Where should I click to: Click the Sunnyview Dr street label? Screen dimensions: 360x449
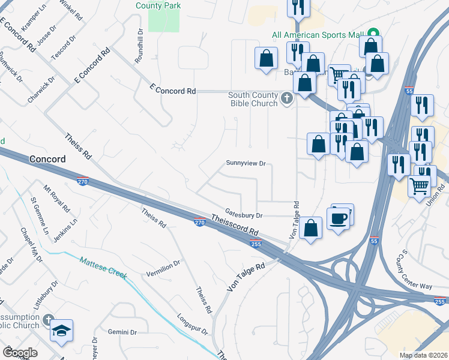pos(246,163)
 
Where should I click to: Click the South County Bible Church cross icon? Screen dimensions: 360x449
pos(287,98)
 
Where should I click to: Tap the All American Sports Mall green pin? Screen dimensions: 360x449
pos(373,34)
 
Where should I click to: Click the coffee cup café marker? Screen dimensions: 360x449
pos(340,217)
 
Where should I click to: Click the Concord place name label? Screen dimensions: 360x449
pos(47,158)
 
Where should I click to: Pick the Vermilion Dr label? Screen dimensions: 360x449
pos(163,268)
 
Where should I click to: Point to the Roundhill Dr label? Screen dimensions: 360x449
pos(139,47)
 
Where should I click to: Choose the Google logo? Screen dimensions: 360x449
pos(20,352)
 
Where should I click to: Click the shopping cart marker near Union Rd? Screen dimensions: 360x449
pos(420,185)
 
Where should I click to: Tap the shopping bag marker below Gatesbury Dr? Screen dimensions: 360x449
pos(310,229)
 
